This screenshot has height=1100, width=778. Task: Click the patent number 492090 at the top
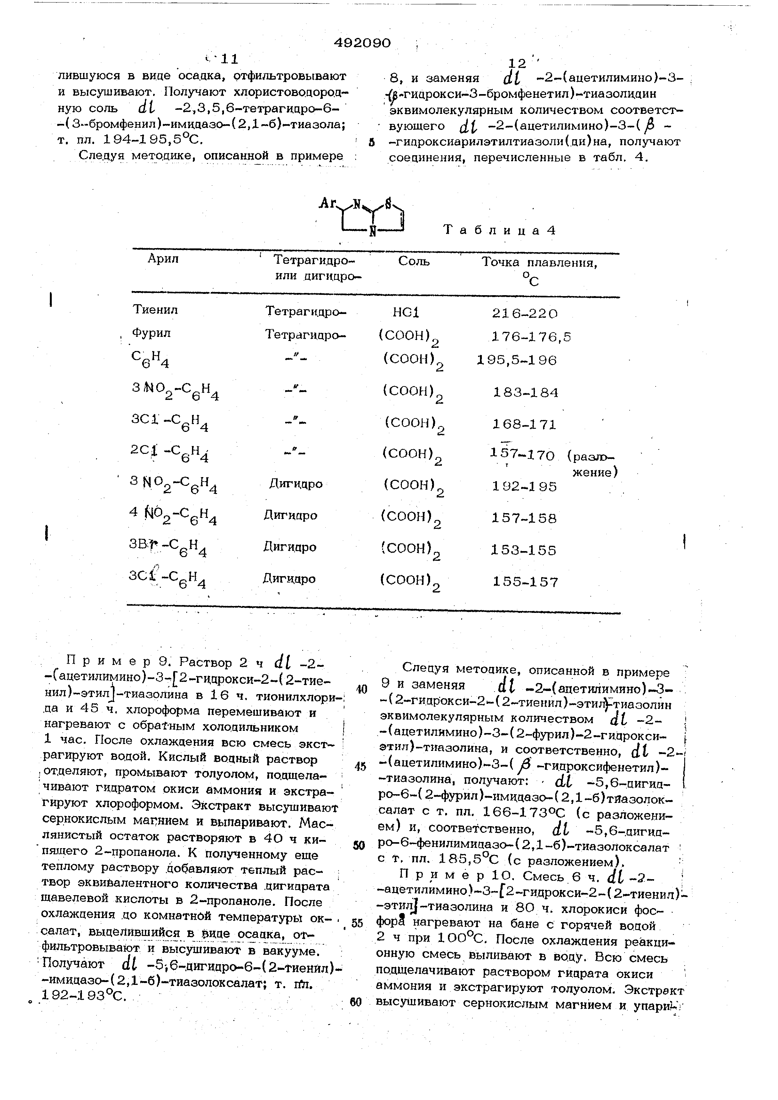click(362, 43)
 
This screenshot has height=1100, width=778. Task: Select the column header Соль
click(414, 262)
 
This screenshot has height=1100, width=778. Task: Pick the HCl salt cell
click(406, 312)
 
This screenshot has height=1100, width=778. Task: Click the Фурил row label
click(152, 333)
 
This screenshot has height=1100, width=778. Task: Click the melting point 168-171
click(525, 424)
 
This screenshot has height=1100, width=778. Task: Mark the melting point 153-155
click(524, 550)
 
